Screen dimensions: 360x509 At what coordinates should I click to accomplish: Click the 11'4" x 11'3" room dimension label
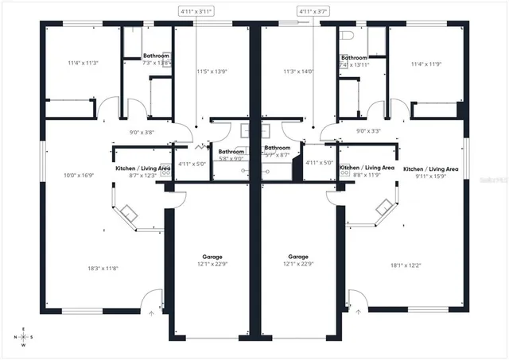tap(82, 62)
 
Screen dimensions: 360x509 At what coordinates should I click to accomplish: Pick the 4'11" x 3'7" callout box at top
tap(313, 11)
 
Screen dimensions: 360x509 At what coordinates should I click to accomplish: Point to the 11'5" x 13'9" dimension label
tap(212, 72)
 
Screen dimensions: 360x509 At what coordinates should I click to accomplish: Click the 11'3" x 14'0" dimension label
tap(298, 72)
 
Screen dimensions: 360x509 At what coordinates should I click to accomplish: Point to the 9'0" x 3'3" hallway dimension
tap(368, 131)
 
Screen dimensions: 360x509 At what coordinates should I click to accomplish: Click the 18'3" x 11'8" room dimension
tap(103, 269)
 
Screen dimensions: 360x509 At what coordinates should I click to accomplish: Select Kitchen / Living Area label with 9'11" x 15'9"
tap(430, 169)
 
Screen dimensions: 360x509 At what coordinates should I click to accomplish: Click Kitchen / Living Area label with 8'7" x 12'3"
tap(143, 168)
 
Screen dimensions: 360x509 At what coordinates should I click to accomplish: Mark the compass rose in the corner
tap(23, 337)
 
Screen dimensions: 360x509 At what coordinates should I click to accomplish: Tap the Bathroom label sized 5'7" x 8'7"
tap(278, 148)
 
